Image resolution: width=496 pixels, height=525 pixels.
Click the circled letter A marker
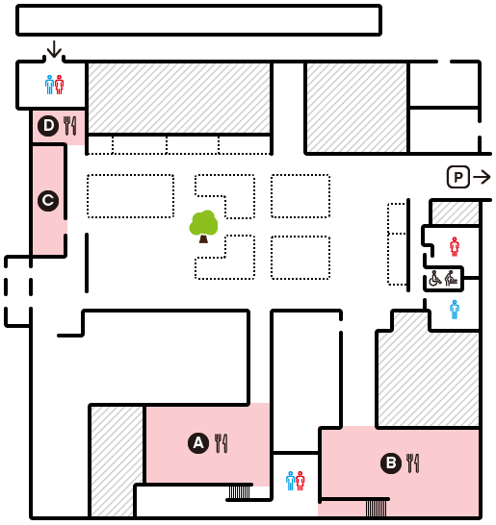click(x=198, y=443)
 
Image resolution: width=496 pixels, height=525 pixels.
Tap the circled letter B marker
click(x=391, y=463)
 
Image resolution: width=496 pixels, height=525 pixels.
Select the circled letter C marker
click(x=48, y=201)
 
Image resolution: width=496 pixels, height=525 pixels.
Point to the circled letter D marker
click(x=48, y=126)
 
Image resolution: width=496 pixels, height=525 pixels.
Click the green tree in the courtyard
click(x=203, y=226)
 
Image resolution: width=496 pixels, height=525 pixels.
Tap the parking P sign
click(x=458, y=177)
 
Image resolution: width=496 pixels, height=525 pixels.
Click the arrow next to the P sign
click(x=482, y=177)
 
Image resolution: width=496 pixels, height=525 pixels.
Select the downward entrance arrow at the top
click(x=54, y=49)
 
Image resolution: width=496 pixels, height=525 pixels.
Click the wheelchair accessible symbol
click(x=435, y=279)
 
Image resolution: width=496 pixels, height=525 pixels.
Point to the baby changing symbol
click(x=452, y=279)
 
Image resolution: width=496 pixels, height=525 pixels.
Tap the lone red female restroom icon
click(x=455, y=247)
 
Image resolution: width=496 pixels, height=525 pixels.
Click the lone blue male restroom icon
click(x=455, y=310)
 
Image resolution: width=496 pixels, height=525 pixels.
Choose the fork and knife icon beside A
click(x=221, y=443)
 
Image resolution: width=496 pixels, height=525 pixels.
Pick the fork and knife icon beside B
click(x=412, y=463)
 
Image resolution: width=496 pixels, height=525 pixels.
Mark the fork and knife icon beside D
click(x=69, y=126)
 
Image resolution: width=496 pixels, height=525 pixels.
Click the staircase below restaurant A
click(x=240, y=492)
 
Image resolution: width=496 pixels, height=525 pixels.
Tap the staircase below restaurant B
click(x=376, y=509)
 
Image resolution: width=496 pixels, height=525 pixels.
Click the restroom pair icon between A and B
click(x=296, y=481)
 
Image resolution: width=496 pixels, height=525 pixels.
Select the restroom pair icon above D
click(x=54, y=85)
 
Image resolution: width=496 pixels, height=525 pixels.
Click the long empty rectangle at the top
click(x=198, y=20)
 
